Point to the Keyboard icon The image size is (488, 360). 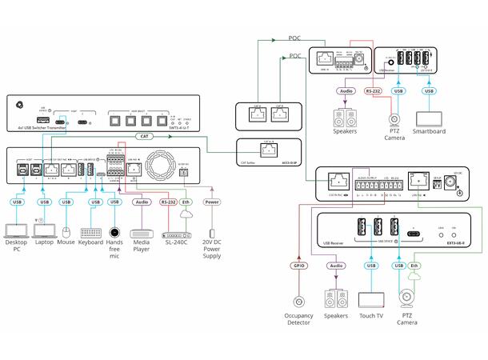(91, 234)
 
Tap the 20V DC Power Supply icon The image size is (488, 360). (212, 234)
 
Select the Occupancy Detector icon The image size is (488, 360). (299, 302)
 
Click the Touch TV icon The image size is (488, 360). (371, 302)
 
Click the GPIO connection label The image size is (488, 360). (299, 265)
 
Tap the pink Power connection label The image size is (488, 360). (212, 202)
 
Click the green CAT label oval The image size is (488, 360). (144, 137)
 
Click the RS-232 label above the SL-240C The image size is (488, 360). (167, 202)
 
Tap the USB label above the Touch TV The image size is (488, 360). (371, 265)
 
